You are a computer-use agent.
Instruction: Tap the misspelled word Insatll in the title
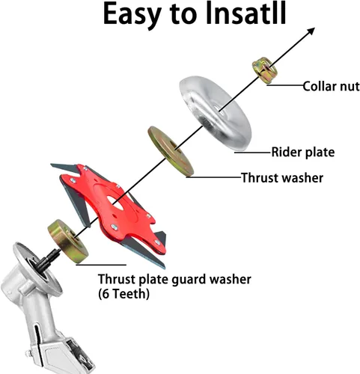coord(246,13)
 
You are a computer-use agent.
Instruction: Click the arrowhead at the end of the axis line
coord(311,31)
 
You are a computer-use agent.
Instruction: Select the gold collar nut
coord(265,70)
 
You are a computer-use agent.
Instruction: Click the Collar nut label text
coord(331,87)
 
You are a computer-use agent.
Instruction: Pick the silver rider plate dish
coord(216,114)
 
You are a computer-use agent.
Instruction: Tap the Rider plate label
coord(303,152)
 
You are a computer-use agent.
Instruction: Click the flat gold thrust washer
coord(171,151)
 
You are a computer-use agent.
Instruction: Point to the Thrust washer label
coord(282,178)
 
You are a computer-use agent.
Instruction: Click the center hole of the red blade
coord(115,203)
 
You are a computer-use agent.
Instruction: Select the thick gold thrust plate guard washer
coord(68,241)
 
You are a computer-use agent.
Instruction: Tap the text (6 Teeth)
coord(123,294)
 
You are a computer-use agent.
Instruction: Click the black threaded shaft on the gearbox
coord(47,260)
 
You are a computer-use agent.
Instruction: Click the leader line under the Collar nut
coord(284,85)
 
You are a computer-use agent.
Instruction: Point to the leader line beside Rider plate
coord(253,153)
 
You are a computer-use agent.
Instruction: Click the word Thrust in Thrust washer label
coord(259,178)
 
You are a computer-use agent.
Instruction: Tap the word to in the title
coord(183,15)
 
